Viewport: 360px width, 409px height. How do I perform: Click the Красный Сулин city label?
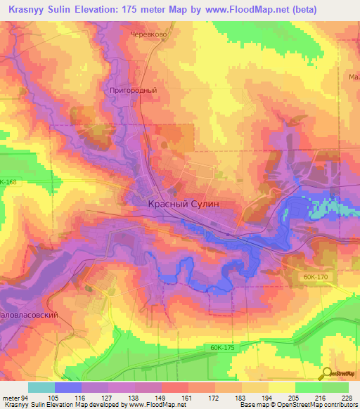point(184,202)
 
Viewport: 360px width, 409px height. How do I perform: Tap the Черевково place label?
point(148,33)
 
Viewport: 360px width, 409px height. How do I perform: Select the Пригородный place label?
point(134,91)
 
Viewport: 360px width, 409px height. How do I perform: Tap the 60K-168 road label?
point(8,182)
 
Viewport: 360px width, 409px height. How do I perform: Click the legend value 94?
point(26,398)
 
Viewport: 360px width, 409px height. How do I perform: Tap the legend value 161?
point(186,398)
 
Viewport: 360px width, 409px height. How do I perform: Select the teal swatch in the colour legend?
point(41,387)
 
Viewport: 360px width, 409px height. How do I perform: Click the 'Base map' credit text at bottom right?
point(254,405)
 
